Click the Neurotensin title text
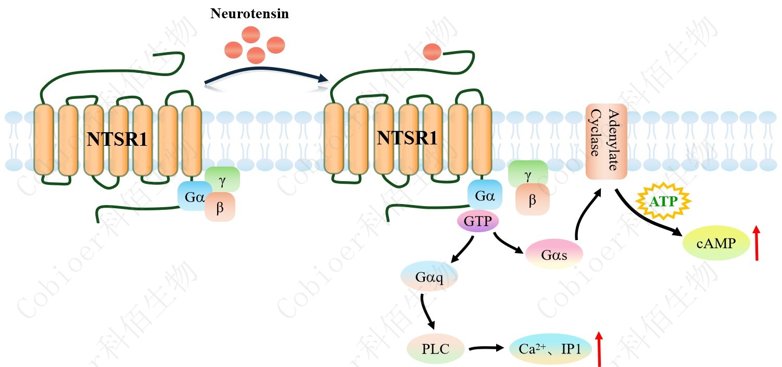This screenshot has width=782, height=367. (249, 14)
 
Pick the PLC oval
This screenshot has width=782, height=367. (435, 348)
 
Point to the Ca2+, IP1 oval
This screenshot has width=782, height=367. (551, 349)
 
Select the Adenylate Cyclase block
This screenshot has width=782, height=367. (605, 142)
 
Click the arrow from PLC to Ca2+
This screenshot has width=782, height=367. (486, 347)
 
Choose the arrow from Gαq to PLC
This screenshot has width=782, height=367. (427, 311)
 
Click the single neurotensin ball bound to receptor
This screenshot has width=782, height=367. (432, 51)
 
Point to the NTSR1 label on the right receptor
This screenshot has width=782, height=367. (407, 138)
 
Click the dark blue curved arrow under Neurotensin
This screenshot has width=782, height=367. (266, 71)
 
